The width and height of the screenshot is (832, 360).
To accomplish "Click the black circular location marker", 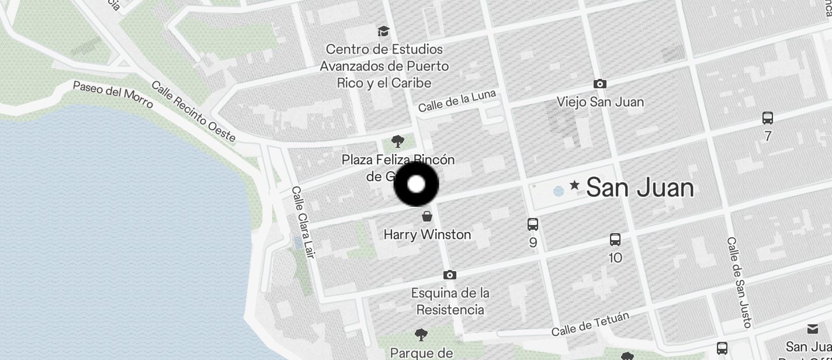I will point(416,185).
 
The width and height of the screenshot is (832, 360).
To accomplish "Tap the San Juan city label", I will point(640,188).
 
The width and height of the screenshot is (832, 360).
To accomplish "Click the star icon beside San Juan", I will point(574,185).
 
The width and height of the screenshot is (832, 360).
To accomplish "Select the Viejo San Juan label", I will point(600,102).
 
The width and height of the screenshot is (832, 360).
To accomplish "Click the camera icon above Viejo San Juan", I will point(599,84).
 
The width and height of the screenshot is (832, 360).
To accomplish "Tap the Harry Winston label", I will point(427,234).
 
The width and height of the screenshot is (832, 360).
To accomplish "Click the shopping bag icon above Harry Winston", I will point(427,217).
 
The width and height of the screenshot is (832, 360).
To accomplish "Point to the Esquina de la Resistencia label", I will point(450,301).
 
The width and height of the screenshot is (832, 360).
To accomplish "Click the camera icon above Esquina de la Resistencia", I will point(449,275).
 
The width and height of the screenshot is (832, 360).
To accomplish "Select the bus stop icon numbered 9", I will point(532,224).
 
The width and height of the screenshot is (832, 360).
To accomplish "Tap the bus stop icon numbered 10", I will point(615,240).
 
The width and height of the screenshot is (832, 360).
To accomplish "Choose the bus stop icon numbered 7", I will point(768,119).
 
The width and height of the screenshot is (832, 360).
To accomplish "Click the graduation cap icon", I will point(383,31).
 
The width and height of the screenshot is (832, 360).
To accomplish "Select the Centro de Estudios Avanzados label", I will point(384,66).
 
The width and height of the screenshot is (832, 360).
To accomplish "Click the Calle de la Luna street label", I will point(457,101).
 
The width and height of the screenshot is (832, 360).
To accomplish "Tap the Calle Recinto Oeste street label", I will point(193,112).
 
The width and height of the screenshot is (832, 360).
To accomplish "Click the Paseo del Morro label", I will point(113,94).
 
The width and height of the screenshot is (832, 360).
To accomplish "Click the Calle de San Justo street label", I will point(739,282).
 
